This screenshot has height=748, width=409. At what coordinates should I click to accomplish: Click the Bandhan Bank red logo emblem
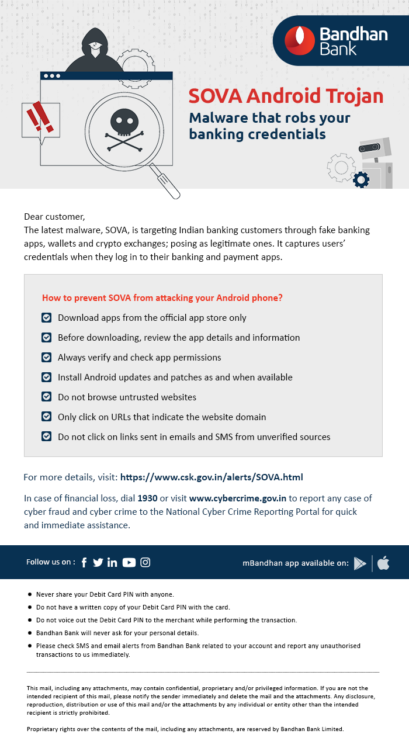point(299,41)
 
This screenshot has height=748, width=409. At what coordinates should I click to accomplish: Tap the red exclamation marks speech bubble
point(40,120)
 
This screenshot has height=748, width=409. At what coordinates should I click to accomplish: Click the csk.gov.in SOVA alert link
point(212,477)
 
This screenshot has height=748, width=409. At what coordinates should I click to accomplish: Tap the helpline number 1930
point(147,498)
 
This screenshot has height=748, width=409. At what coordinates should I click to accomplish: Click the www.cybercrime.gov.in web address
point(237,498)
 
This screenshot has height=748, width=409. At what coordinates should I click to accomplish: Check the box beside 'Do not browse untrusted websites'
point(46,397)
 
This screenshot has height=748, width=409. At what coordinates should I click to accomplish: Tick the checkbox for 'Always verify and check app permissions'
point(46,357)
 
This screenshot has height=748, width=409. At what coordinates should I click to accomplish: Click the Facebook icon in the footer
point(84,562)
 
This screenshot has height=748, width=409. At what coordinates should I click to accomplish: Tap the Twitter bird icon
point(98,562)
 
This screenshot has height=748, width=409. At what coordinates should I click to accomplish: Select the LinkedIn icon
point(112,562)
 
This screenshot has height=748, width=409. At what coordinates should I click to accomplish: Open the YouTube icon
point(129,562)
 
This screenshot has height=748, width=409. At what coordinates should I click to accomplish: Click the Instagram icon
point(145,562)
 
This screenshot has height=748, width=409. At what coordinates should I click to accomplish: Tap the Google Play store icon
point(360,563)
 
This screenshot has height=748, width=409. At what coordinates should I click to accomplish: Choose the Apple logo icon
point(383,563)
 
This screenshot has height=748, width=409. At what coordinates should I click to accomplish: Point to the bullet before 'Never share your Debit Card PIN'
point(30,594)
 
